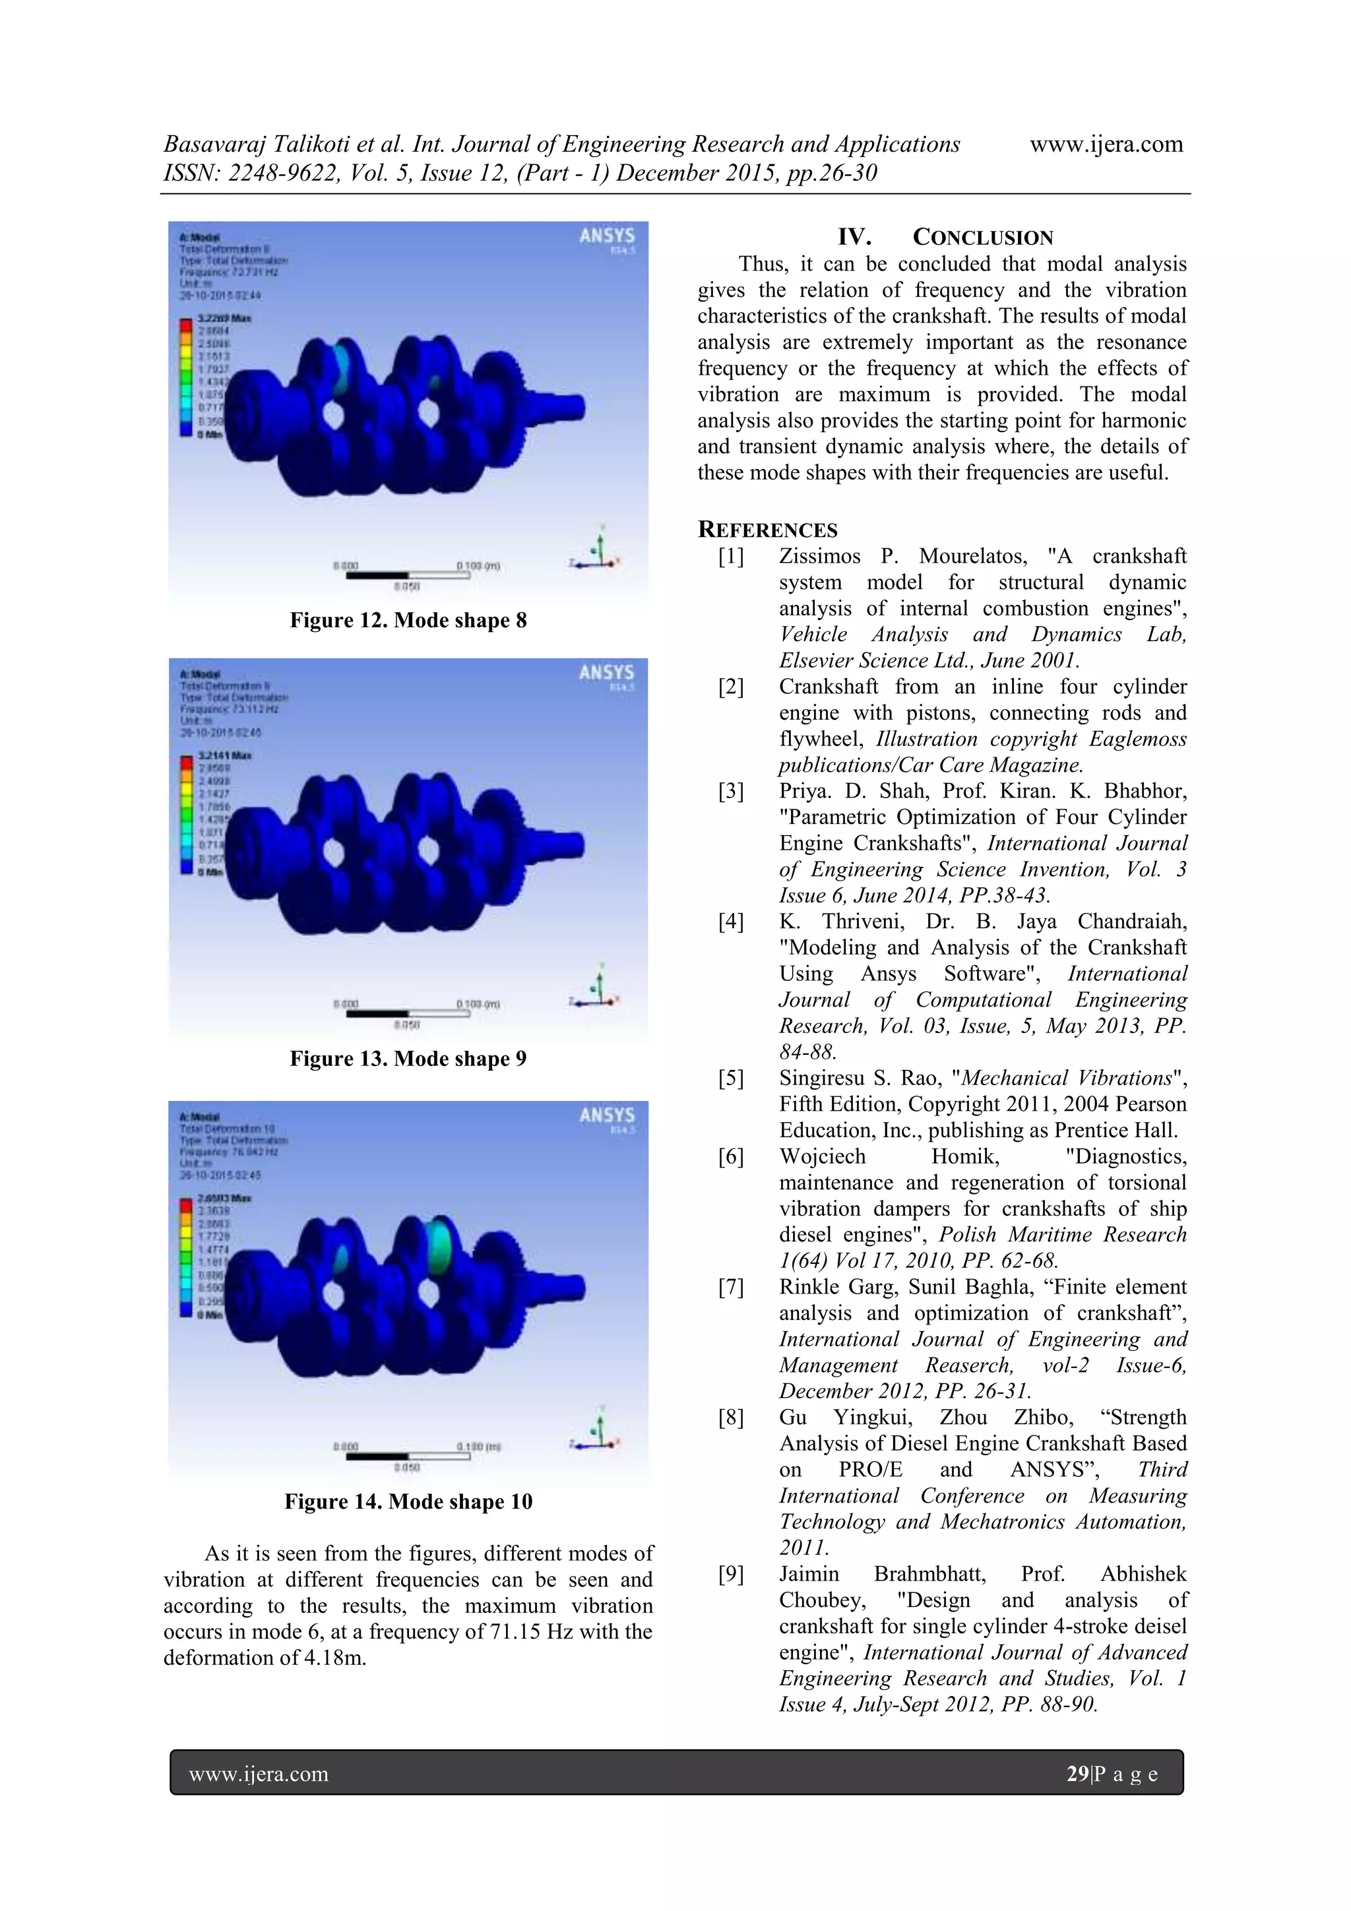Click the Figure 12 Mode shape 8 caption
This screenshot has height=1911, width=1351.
click(408, 620)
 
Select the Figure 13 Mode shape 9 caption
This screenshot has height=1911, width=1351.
click(408, 1059)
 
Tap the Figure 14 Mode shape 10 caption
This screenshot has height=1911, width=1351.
click(408, 1501)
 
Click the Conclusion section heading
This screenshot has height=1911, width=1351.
click(945, 237)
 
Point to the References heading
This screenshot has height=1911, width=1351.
click(767, 530)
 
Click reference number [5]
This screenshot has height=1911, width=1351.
click(731, 1079)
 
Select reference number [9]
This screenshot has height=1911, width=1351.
click(731, 1574)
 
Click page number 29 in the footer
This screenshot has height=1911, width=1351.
click(1077, 1774)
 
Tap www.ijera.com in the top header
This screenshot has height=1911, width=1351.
click(1106, 144)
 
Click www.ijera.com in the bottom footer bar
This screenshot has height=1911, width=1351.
click(259, 1774)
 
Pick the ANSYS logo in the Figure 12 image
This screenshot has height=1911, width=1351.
click(607, 236)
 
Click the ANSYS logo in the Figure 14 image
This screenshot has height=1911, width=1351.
click(607, 1116)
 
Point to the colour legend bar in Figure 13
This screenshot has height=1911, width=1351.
click(185, 814)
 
